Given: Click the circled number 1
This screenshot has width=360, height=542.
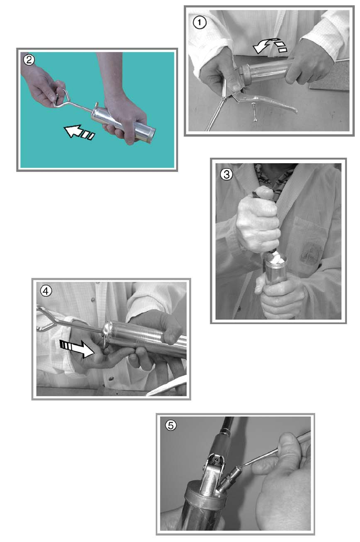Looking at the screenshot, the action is point(199,23).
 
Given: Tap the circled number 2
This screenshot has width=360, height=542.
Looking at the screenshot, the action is point(29,60).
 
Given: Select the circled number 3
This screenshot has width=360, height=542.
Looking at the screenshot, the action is point(226,174).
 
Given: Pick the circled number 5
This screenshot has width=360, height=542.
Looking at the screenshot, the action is point(171,425).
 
